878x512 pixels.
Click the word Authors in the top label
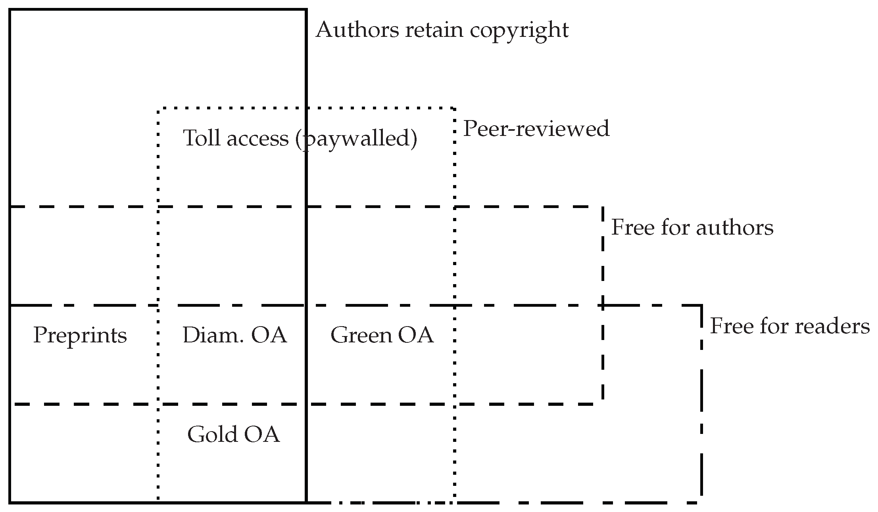pyautogui.click(x=357, y=30)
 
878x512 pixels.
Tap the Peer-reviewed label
pyautogui.click(x=536, y=129)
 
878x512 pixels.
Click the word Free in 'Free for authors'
pyautogui.click(x=630, y=227)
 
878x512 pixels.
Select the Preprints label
pyautogui.click(x=80, y=335)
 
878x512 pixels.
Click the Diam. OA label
pyautogui.click(x=234, y=335)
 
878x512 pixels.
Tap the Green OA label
pyautogui.click(x=382, y=335)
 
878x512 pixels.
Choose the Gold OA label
pyautogui.click(x=233, y=434)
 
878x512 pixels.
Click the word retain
pyautogui.click(x=434, y=30)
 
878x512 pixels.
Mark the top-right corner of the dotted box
pyautogui.click(x=454, y=108)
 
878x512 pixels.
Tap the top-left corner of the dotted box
pyautogui.click(x=158, y=108)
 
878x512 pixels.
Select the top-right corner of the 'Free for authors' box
pyautogui.click(x=602, y=206)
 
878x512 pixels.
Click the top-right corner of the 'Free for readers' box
pyautogui.click(x=701, y=305)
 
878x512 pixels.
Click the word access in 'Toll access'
pyautogui.click(x=257, y=138)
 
